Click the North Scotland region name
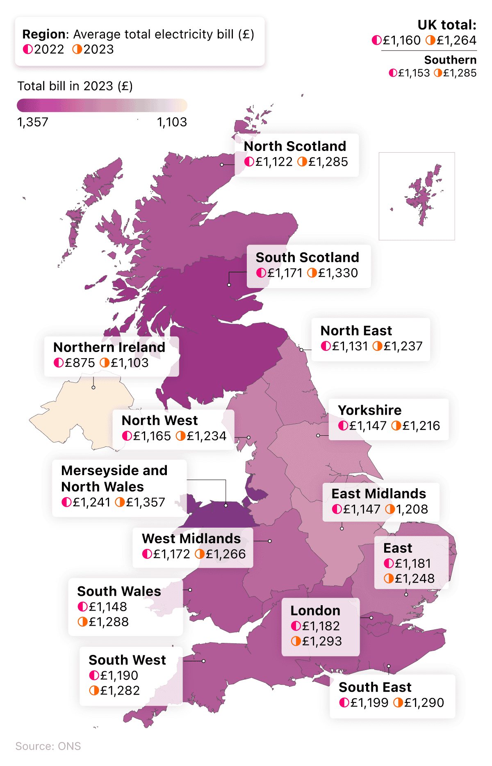pyautogui.click(x=295, y=146)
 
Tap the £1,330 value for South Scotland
pyautogui.click(x=338, y=273)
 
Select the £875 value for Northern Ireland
pyautogui.click(x=80, y=363)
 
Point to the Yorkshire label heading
pyautogui.click(x=369, y=410)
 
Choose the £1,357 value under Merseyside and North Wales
pyautogui.click(x=145, y=502)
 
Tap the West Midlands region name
pyautogui.click(x=191, y=538)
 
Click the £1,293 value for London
pyautogui.click(x=322, y=641)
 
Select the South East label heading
pyautogui.click(x=375, y=687)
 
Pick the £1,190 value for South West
pyautogui.click(x=119, y=675)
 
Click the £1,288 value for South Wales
pyautogui.click(x=109, y=622)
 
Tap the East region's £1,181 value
pyautogui.click(x=413, y=563)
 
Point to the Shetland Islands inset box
pyautogui.click(x=417, y=196)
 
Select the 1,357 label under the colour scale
pyautogui.click(x=33, y=122)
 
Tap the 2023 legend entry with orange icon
pyautogui.click(x=93, y=49)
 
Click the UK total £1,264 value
pyautogui.click(x=456, y=40)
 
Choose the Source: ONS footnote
pyautogui.click(x=48, y=746)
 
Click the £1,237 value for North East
pyautogui.click(x=403, y=346)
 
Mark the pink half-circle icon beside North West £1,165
pyautogui.click(x=127, y=436)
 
